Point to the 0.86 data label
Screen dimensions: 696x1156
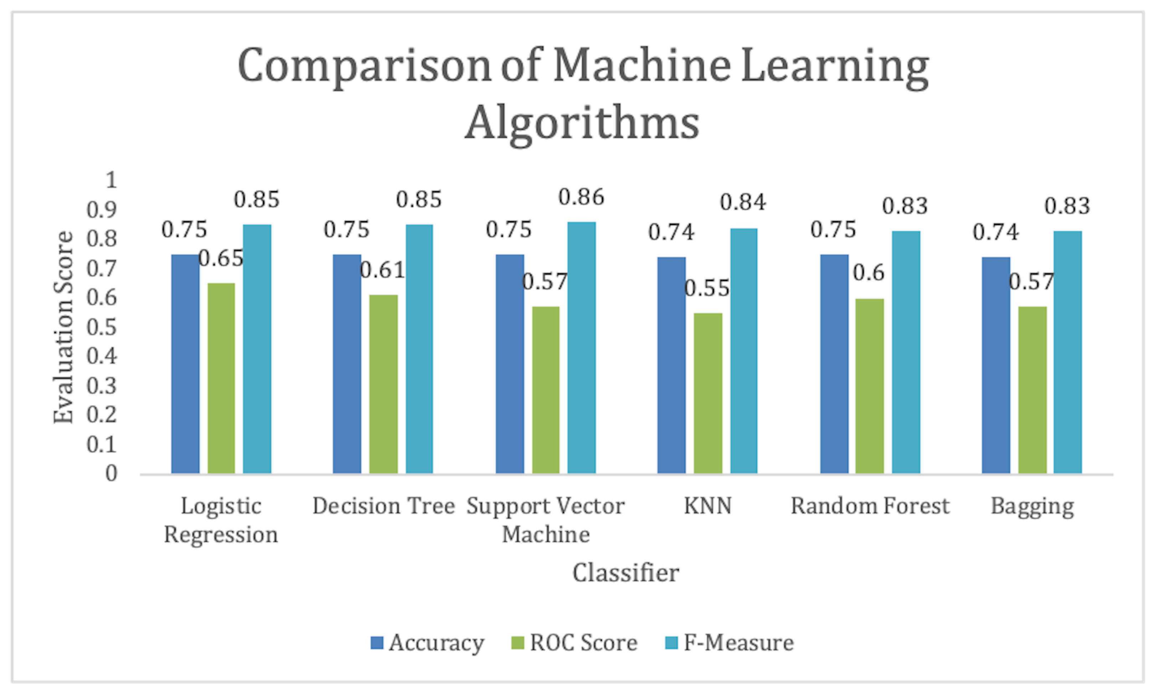coord(581,197)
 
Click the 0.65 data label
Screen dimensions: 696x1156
coord(221,258)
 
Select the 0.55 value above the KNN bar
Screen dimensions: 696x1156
coord(707,288)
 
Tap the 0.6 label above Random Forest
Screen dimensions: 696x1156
coord(868,273)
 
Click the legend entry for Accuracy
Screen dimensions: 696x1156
coord(427,643)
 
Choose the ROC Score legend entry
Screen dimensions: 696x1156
coord(574,643)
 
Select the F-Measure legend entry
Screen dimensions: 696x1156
coord(730,643)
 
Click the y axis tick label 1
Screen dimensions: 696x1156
coord(111,180)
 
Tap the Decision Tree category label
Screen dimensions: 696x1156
coord(384,506)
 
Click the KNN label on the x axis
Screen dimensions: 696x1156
coord(708,506)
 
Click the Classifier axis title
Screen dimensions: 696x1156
coord(626,573)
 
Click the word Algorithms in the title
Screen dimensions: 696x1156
coord(582,123)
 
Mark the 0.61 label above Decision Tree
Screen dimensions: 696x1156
coord(382,270)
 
